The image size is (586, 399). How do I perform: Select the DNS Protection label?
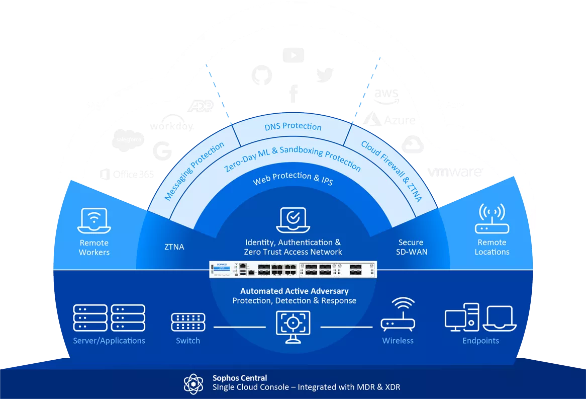293,126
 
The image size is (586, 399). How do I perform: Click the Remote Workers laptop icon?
94,221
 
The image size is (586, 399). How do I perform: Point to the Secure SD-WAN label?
411,247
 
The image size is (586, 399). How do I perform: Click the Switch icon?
188,322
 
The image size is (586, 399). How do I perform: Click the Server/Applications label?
109,341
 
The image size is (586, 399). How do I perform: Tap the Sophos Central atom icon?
193,384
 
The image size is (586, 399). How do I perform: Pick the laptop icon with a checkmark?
293,220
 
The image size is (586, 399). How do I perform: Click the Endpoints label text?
481,341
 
